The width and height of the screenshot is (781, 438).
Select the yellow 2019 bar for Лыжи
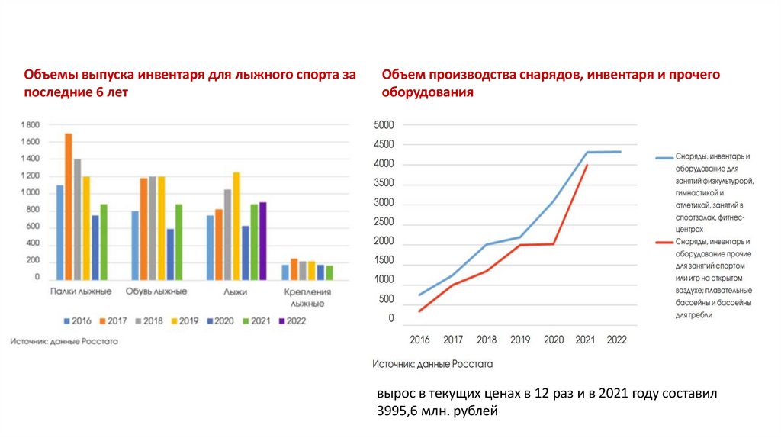[236, 226]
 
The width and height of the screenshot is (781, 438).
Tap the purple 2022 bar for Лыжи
[263, 240]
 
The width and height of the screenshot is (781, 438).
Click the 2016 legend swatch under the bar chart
[68, 321]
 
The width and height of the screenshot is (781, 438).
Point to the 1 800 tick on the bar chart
[29, 124]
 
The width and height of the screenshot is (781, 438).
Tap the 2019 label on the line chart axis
[520, 340]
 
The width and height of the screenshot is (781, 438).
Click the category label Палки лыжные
[82, 291]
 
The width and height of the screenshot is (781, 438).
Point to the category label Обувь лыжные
[156, 291]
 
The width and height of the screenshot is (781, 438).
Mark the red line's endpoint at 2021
[587, 165]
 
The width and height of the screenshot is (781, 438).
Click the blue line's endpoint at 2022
[620, 152]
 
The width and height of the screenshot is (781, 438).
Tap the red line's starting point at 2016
[419, 311]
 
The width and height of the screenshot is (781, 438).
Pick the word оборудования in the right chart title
[428, 92]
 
